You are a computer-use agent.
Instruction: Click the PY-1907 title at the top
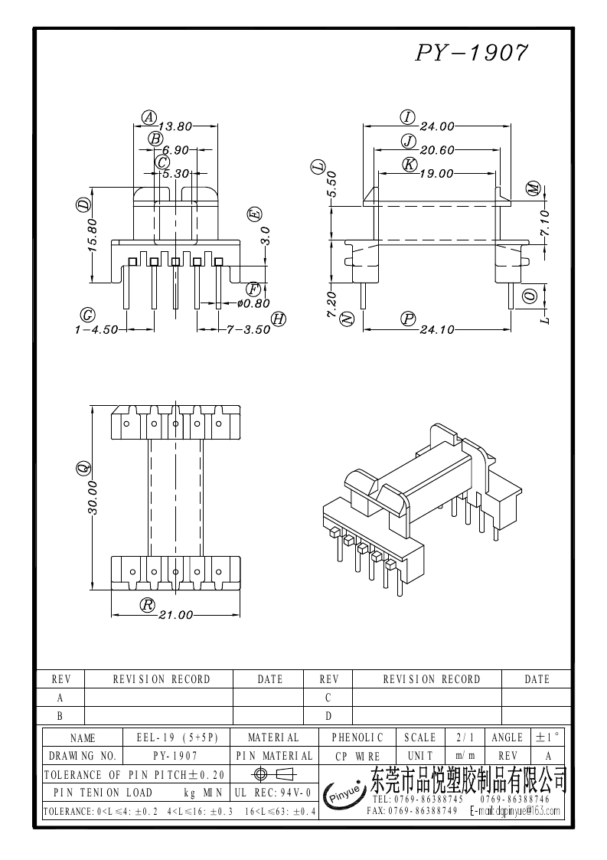472,52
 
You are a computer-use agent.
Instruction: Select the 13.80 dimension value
175,126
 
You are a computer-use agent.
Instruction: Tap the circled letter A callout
148,117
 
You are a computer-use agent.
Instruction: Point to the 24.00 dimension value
437,126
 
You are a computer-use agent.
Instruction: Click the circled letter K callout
409,165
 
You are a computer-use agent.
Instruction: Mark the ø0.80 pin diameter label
254,303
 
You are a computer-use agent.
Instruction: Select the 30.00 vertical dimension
93,498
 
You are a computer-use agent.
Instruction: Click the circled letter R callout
148,604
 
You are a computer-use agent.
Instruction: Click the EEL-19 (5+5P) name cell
178,737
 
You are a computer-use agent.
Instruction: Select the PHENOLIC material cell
357,737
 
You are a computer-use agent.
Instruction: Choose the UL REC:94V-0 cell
272,793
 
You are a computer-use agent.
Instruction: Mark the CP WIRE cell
357,756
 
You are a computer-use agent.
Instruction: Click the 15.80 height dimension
93,235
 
